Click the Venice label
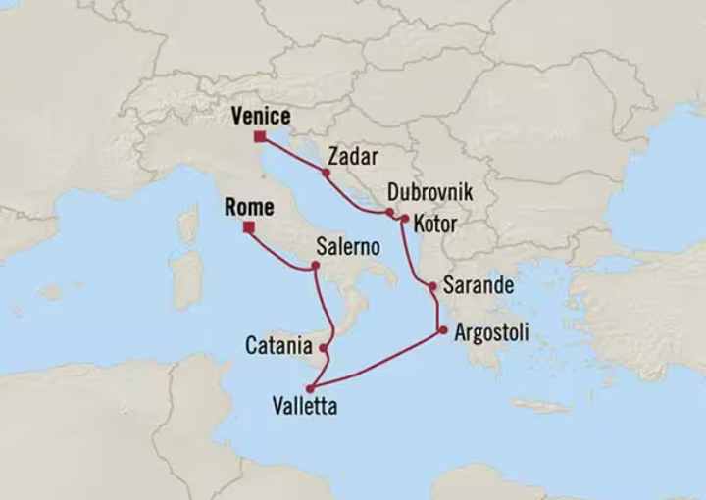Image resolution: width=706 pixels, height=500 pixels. click(x=260, y=116)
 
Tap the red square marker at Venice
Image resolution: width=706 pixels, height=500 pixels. click(x=259, y=136)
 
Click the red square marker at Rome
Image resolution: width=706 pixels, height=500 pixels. click(x=248, y=227)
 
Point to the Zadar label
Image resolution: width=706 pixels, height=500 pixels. click(x=354, y=156)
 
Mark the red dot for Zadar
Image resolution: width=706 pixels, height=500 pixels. click(x=326, y=173)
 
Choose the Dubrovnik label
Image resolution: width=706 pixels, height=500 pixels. click(x=429, y=193)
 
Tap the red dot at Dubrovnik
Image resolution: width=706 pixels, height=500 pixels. click(x=389, y=212)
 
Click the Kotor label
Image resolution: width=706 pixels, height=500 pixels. click(x=435, y=224)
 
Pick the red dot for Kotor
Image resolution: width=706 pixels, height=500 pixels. click(x=404, y=219)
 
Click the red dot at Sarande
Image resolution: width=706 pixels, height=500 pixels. click(x=431, y=286)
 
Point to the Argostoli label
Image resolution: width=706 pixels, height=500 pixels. click(x=491, y=333)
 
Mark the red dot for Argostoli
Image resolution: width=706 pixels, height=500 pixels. click(x=443, y=330)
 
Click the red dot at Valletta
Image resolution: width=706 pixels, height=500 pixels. click(x=311, y=389)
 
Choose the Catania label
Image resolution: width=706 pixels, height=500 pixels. click(x=278, y=346)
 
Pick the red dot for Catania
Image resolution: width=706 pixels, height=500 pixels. click(x=324, y=347)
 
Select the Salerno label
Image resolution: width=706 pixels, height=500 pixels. click(x=347, y=247)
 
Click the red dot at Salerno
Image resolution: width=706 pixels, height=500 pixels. click(x=315, y=266)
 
